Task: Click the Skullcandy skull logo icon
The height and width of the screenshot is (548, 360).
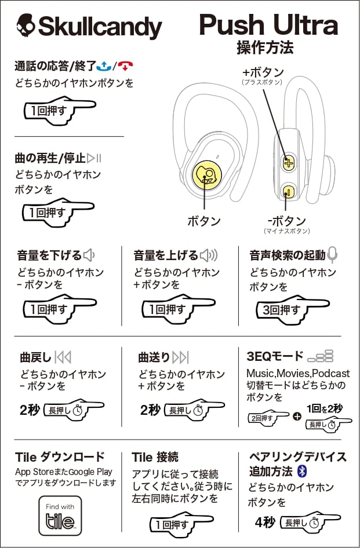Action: click(x=26, y=26)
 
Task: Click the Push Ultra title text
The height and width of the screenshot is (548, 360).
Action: click(x=268, y=25)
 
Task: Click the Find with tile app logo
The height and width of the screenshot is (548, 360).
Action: click(x=60, y=515)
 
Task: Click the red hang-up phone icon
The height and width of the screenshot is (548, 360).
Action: click(x=119, y=66)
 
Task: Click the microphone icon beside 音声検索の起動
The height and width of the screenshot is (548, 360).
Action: click(x=332, y=254)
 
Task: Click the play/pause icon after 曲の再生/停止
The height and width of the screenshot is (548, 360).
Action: click(x=94, y=158)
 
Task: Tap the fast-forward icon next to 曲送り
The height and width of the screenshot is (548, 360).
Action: click(x=181, y=357)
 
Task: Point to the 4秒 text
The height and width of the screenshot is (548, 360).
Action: click(x=265, y=522)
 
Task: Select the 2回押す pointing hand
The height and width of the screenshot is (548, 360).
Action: click(x=267, y=417)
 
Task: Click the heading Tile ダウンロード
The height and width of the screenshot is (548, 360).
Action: click(x=60, y=456)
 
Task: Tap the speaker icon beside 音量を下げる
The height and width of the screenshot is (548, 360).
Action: click(x=88, y=255)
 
